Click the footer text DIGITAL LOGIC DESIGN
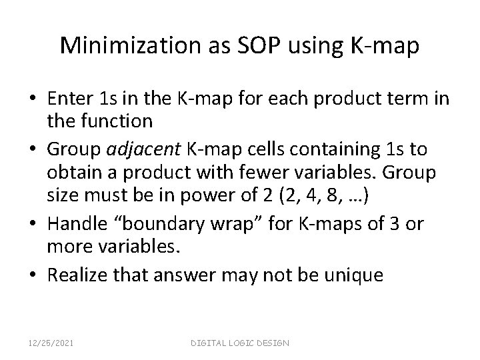(x=240, y=342)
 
